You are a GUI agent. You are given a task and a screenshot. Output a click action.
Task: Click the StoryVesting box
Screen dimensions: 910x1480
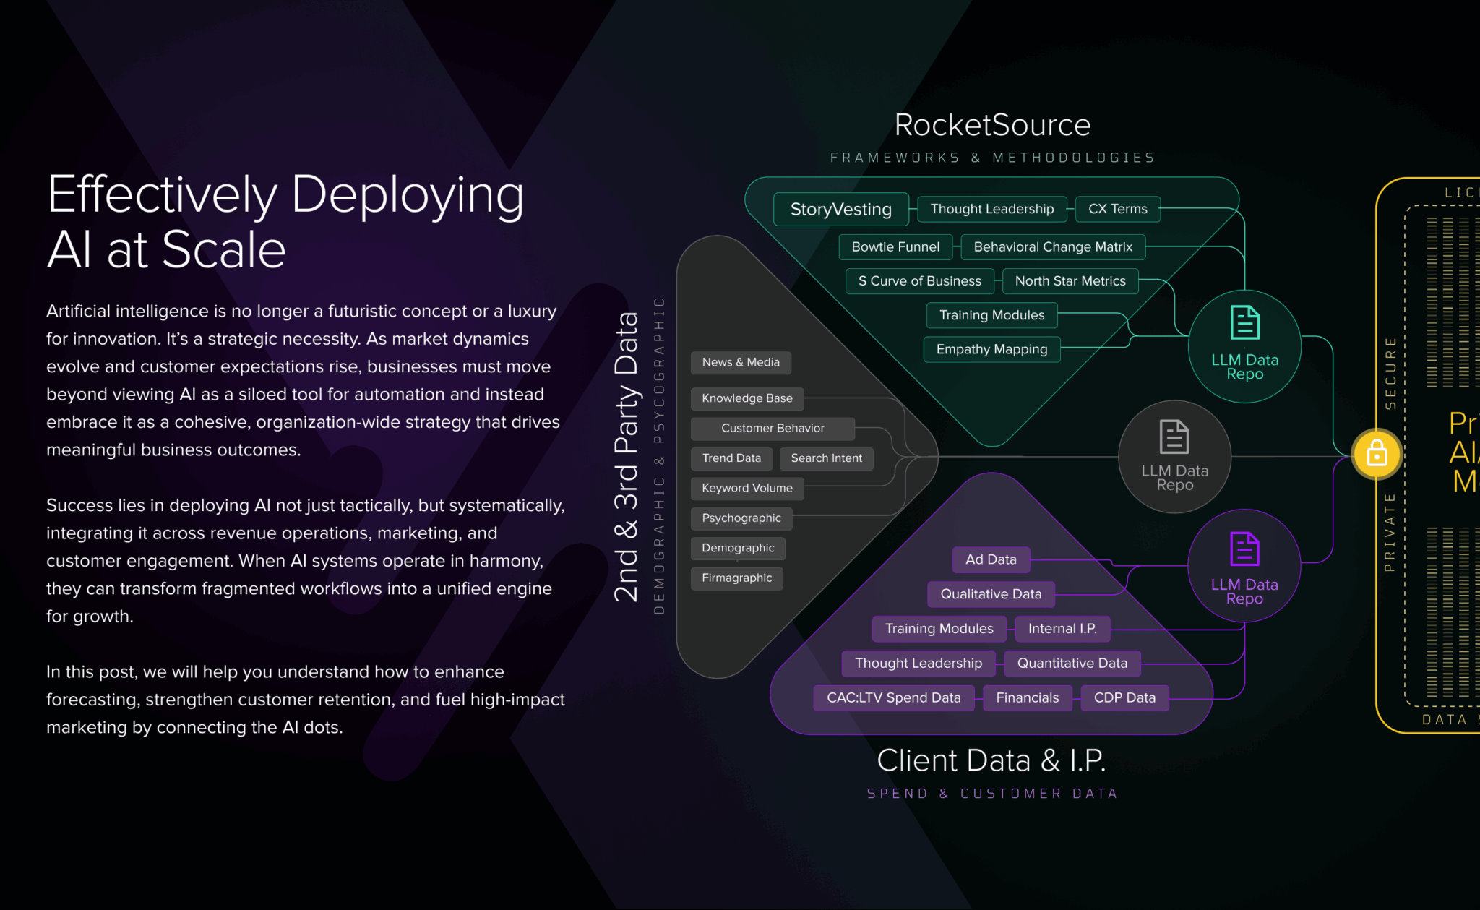(840, 210)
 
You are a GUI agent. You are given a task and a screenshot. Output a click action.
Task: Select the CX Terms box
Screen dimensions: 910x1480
(1117, 209)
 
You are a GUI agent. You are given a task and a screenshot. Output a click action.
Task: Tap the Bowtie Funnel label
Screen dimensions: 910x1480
(895, 247)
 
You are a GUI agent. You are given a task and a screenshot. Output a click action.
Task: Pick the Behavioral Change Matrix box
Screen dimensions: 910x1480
(1053, 247)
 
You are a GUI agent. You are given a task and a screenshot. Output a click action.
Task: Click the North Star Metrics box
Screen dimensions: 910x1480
(1070, 281)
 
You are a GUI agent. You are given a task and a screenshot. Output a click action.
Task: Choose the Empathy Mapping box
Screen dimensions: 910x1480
(991, 349)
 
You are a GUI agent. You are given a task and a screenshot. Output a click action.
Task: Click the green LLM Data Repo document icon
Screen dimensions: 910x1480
(1244, 323)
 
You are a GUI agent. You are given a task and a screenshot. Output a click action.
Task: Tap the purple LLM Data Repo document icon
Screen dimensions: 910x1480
(1244, 549)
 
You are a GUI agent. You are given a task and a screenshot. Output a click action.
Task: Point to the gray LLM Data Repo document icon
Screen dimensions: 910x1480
(1174, 437)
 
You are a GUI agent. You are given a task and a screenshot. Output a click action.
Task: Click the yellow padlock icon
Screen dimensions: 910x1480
(1377, 455)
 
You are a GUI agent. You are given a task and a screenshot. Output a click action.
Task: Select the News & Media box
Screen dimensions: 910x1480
(741, 362)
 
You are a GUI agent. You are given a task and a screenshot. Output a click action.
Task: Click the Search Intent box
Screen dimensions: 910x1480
(826, 458)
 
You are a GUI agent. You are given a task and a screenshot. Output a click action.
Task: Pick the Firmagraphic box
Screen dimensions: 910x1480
(736, 578)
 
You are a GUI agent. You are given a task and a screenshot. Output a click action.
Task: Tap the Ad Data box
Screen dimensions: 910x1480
(991, 559)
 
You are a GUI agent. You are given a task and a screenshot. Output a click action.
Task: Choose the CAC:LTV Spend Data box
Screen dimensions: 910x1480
(893, 698)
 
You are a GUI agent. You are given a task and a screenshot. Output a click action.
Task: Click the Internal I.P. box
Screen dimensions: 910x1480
(1062, 629)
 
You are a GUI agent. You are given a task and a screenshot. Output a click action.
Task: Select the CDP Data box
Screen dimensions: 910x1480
(1124, 698)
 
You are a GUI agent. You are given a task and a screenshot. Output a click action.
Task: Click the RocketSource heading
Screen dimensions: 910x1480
(992, 125)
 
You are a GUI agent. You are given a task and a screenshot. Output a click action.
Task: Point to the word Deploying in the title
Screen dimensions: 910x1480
(407, 195)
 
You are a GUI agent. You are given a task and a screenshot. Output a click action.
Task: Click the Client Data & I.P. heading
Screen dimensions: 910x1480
(991, 760)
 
